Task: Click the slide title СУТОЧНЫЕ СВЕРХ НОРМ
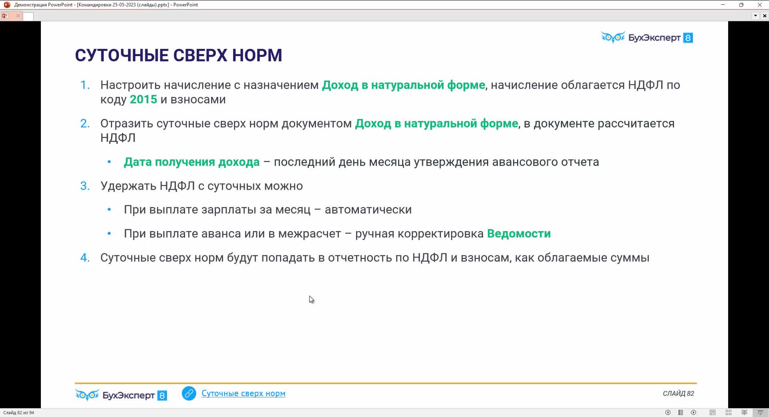click(179, 55)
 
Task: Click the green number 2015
click(143, 99)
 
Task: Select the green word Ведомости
click(519, 234)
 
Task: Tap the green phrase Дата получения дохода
click(192, 162)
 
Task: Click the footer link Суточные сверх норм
click(244, 393)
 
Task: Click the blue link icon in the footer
click(189, 393)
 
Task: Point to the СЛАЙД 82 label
click(678, 393)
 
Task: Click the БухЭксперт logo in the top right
click(647, 38)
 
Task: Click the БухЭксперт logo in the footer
click(121, 395)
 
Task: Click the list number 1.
click(85, 85)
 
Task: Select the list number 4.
click(85, 257)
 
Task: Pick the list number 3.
click(85, 186)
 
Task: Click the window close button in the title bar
click(759, 5)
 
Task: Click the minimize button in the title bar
click(723, 5)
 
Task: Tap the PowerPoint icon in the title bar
click(7, 5)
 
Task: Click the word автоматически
click(368, 210)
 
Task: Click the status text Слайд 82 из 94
click(19, 413)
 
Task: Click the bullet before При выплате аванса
click(109, 234)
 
